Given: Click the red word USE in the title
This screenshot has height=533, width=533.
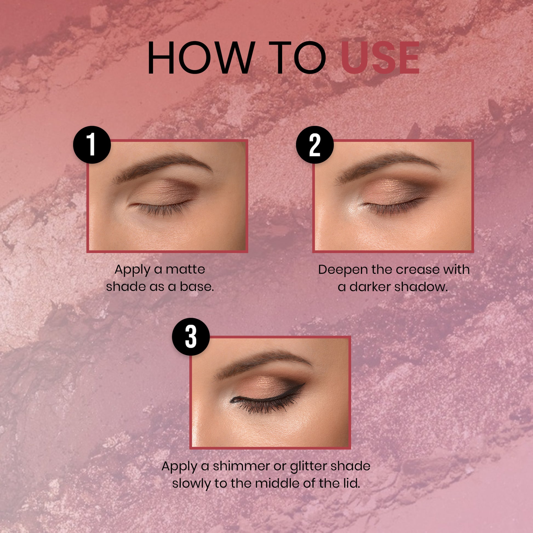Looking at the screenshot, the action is pyautogui.click(x=380, y=58).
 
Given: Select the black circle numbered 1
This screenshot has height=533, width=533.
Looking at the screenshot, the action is pyautogui.click(x=92, y=145).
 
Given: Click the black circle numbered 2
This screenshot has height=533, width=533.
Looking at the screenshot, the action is pyautogui.click(x=315, y=145).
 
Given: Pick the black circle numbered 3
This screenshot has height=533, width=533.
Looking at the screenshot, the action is pyautogui.click(x=191, y=337).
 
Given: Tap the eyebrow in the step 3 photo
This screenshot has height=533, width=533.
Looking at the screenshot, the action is pyautogui.click(x=263, y=364).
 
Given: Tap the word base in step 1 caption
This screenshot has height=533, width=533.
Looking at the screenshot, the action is pyautogui.click(x=197, y=287).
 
